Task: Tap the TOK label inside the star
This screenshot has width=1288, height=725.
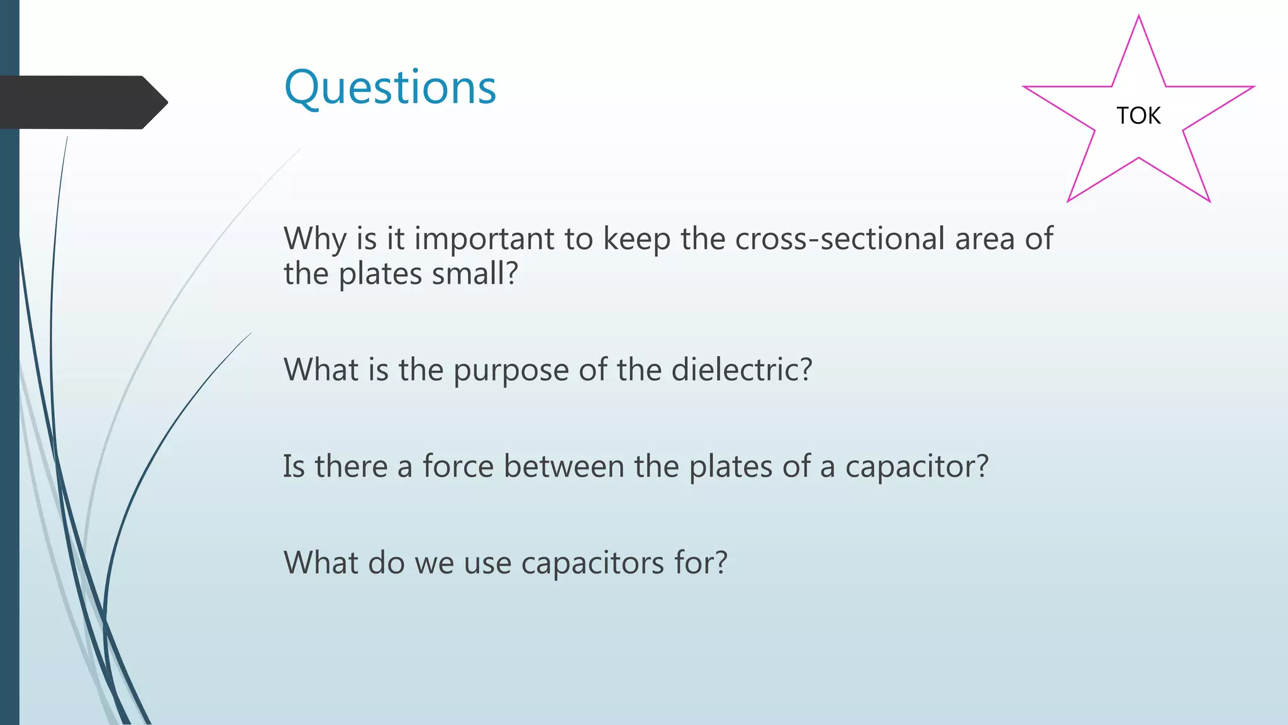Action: point(1138,116)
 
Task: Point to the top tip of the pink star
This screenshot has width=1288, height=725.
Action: point(1139,17)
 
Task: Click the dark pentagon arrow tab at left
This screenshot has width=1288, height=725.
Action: point(82,102)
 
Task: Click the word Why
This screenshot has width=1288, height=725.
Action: point(315,239)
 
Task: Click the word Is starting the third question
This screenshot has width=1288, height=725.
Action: point(294,466)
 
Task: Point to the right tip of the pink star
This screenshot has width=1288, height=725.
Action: point(1253,87)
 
